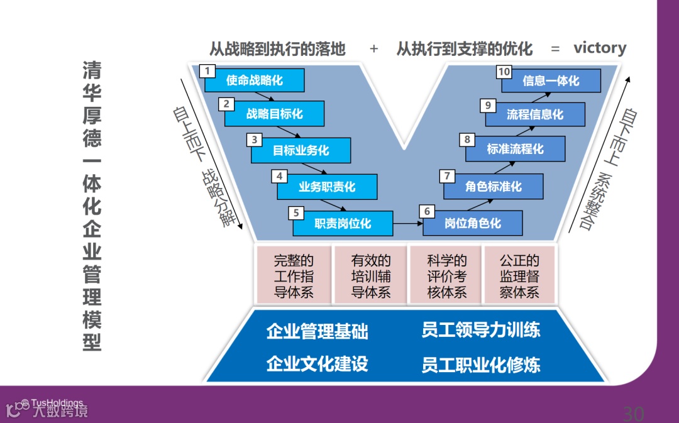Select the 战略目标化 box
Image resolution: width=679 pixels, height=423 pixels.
point(275,114)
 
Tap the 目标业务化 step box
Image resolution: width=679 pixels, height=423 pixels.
point(301,151)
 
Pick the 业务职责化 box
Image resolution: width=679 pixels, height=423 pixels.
point(327,187)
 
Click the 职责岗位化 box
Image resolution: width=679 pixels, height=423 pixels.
point(343,223)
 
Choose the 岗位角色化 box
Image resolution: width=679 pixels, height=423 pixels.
point(473,223)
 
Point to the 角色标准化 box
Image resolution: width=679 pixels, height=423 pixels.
point(494,187)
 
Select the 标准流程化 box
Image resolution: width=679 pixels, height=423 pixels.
point(516,150)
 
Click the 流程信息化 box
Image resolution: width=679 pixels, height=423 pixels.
point(535,114)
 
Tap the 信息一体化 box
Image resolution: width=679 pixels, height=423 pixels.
point(551,81)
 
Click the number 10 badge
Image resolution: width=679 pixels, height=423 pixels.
point(504,72)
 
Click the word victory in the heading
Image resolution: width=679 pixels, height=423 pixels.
point(600,48)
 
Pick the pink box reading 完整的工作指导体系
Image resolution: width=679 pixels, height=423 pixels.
point(294,275)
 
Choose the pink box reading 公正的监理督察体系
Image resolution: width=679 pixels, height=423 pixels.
point(519,275)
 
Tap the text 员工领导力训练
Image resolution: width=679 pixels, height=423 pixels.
point(481,330)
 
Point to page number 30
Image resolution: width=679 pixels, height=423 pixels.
point(633,414)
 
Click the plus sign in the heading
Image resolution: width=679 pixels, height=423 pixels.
point(374,48)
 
